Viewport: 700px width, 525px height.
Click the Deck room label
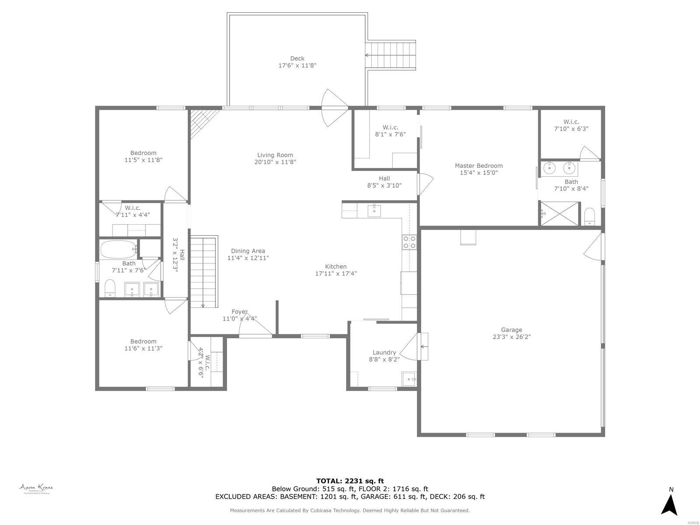point(297,59)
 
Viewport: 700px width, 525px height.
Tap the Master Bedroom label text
point(479,166)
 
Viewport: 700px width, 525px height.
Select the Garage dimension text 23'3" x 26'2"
point(511,337)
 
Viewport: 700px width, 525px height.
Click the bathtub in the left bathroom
point(119,250)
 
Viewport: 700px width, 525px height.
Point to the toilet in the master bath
point(590,217)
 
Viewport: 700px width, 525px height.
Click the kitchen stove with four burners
point(409,242)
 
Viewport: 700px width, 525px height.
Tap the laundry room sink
point(409,378)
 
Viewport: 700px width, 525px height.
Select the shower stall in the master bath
point(560,213)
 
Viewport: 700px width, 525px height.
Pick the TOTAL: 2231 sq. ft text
point(350,481)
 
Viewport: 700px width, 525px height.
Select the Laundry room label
point(384,353)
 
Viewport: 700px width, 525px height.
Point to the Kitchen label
point(336,266)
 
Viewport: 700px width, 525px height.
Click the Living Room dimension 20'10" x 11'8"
point(275,162)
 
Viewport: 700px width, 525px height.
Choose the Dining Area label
point(248,251)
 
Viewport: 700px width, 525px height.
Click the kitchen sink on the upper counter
point(374,210)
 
